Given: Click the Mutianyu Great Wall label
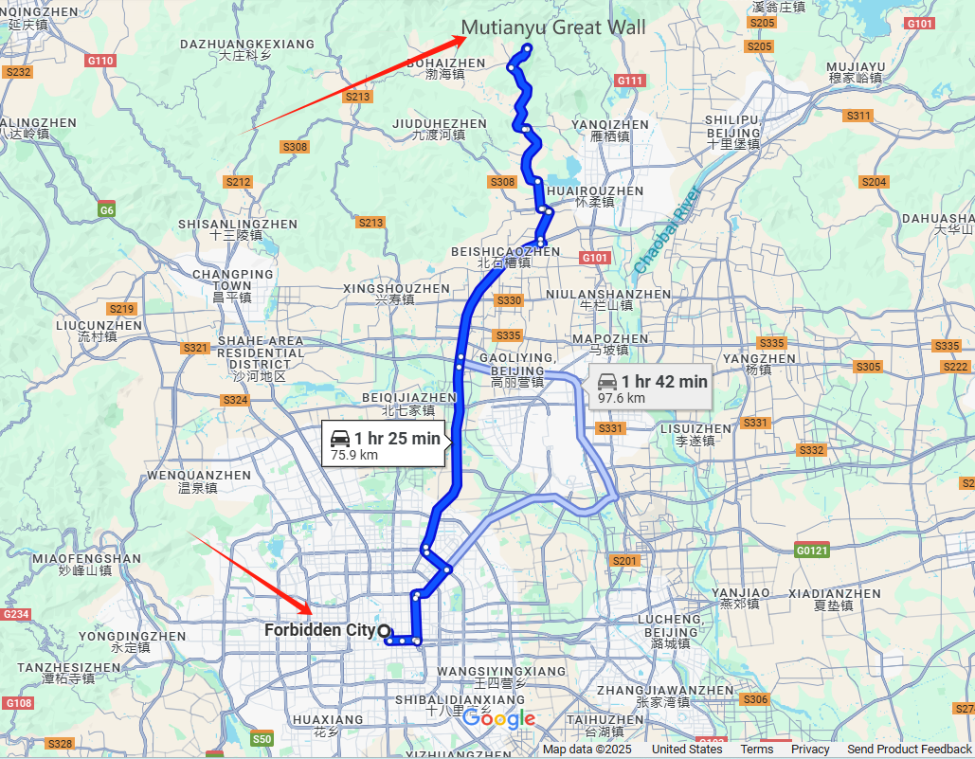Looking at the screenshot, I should (553, 27).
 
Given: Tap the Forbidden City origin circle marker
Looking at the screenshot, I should (384, 630).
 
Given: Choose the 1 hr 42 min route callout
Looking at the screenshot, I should (652, 387).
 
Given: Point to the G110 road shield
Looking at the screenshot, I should (100, 61).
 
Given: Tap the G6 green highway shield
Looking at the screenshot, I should (106, 209).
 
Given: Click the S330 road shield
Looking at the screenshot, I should (509, 300).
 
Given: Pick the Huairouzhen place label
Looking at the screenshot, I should (596, 196).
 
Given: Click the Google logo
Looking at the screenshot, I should (499, 719).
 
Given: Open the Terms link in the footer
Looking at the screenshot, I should (756, 750).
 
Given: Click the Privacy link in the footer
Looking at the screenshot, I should (810, 750).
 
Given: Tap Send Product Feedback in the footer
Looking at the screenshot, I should (909, 750).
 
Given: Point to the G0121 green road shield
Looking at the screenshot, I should (811, 550).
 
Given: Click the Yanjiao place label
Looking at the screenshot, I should (739, 597).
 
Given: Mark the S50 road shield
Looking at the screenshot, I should (262, 738).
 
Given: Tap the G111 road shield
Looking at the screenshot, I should (630, 81).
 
